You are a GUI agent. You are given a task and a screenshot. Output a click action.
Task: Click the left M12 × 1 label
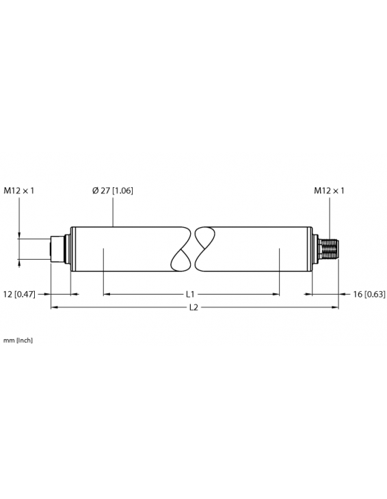pyautogui.click(x=19, y=191)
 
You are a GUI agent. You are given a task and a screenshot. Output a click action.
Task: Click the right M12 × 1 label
pyautogui.click(x=329, y=191)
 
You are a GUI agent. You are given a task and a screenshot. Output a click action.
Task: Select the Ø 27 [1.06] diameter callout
pyautogui.click(x=112, y=191)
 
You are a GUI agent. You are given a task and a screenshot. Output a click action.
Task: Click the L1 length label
pyautogui.click(x=192, y=295)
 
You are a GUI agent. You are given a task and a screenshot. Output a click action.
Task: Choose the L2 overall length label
pyautogui.click(x=193, y=308)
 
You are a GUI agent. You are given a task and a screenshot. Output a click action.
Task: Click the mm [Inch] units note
pyautogui.click(x=18, y=340)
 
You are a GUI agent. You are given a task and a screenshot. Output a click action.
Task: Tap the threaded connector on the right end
pyautogui.click(x=331, y=249)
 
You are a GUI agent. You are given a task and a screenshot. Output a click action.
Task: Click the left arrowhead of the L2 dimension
pyautogui.click(x=54, y=308)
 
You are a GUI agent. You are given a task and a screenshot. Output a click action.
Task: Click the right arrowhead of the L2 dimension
pyautogui.click(x=335, y=308)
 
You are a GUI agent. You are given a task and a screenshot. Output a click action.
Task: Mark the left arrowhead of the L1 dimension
pyautogui.click(x=106, y=295)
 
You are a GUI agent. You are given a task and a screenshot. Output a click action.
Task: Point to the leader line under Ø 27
pyautogui.click(x=114, y=212)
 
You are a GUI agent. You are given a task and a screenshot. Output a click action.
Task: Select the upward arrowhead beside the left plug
pyautogui.click(x=20, y=260)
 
